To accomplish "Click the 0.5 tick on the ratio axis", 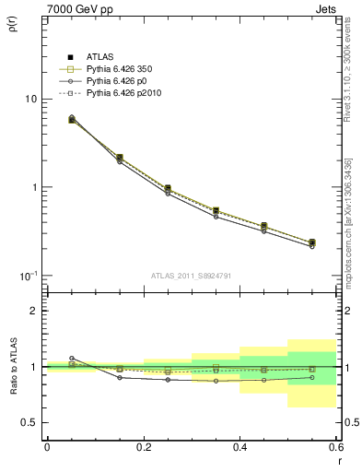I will [29, 422].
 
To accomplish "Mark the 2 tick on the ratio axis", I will [33, 312].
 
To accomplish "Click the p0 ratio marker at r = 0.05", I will [71, 358].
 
